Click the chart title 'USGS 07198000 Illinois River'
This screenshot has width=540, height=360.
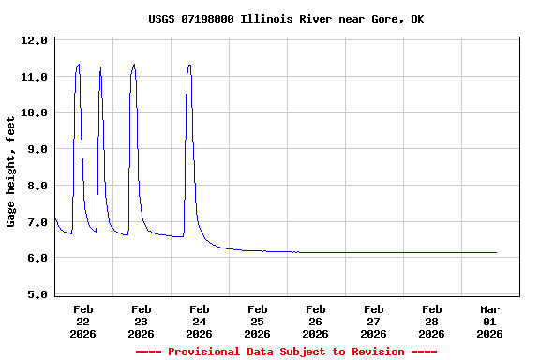[x=286, y=19]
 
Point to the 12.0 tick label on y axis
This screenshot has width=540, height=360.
[x=34, y=41]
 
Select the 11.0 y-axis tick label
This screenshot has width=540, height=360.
[x=34, y=77]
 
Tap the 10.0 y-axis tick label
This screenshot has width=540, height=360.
[x=34, y=113]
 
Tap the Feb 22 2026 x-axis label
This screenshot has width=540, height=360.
[x=83, y=321]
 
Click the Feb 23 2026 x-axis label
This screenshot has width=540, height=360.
[x=142, y=321]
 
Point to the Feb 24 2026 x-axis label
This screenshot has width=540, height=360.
[x=200, y=321]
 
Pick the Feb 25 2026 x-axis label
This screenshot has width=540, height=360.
[x=258, y=321]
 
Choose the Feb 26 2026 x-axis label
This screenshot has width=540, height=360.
[x=316, y=321]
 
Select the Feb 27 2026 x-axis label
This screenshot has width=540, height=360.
[x=374, y=321]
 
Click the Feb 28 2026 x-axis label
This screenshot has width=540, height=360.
[x=432, y=321]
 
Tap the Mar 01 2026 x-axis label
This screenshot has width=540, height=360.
[x=490, y=321]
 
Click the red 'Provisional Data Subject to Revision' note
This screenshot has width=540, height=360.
[x=286, y=352]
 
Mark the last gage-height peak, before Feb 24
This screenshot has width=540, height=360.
[x=189, y=66]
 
